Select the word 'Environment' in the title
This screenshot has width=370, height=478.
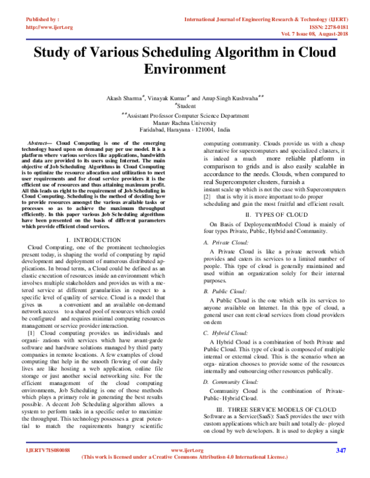[184, 68]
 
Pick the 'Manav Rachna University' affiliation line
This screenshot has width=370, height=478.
[184, 123]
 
